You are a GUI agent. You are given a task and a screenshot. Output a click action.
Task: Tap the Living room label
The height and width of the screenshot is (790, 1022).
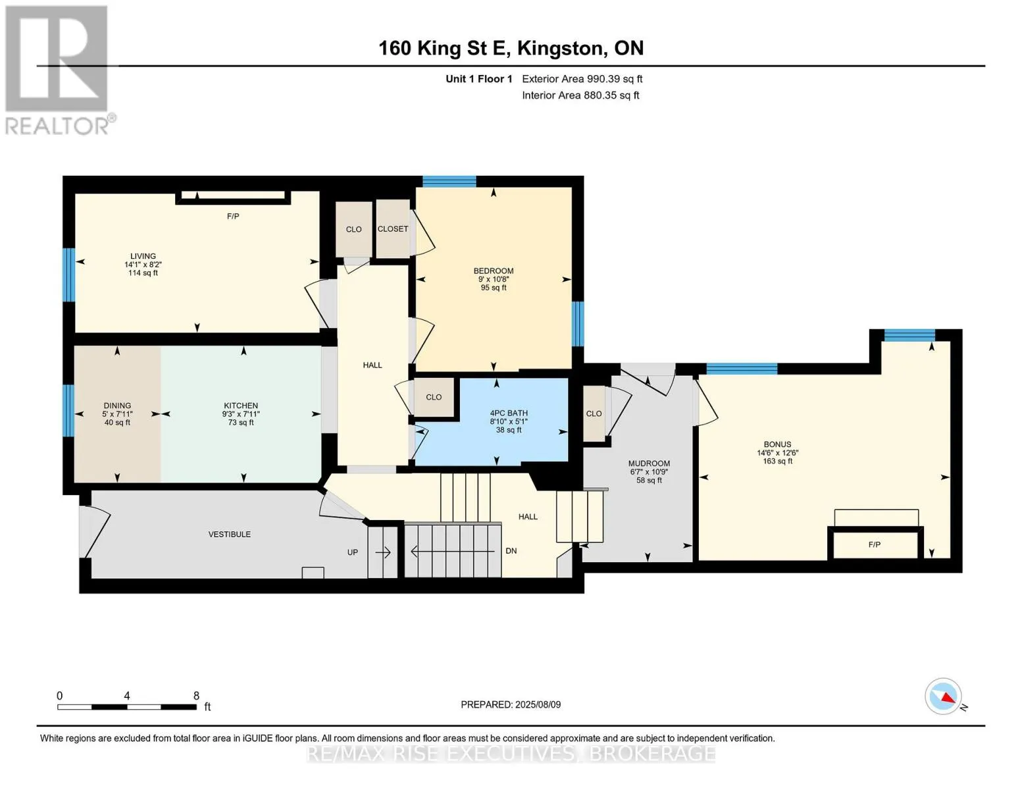(x=143, y=257)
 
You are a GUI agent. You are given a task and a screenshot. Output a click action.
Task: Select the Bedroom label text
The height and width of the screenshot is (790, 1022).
(x=494, y=271)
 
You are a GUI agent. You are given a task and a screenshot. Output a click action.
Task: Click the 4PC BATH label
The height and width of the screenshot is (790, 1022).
(x=509, y=413)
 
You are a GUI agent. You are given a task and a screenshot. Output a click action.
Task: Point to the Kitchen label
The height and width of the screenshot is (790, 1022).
(x=241, y=406)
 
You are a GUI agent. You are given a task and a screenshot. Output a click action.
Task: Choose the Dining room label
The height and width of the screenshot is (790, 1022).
(x=117, y=406)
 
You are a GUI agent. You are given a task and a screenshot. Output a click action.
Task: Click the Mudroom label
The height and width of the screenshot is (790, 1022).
(x=649, y=463)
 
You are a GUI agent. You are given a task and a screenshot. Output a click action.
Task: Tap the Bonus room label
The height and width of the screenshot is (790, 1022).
(x=777, y=444)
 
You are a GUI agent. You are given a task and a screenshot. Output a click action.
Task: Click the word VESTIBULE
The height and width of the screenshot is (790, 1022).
(x=230, y=534)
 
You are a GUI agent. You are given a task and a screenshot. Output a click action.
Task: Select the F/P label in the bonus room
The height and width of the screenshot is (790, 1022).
(x=875, y=544)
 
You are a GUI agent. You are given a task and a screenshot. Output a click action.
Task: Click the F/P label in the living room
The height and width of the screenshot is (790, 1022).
(x=233, y=216)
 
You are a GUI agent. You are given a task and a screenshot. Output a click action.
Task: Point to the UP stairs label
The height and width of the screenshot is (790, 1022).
(x=353, y=552)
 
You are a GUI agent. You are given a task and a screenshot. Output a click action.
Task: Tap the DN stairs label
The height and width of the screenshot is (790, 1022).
(x=511, y=551)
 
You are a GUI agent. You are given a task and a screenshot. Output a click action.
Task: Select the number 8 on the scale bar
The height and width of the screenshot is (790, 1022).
(x=196, y=695)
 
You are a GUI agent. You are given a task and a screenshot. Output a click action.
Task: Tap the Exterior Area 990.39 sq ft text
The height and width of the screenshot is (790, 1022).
(x=582, y=79)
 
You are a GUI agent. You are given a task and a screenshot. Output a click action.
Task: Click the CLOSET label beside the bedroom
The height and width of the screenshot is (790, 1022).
(x=393, y=228)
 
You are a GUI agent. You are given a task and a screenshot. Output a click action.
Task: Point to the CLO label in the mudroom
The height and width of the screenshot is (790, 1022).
(x=594, y=413)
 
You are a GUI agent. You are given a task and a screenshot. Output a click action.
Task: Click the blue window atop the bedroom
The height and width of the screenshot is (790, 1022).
(x=449, y=181)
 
